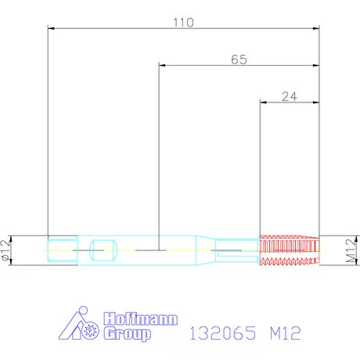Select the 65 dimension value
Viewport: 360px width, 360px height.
click(240, 59)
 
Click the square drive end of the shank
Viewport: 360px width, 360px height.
click(62, 250)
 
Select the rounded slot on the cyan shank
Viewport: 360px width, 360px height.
click(103, 250)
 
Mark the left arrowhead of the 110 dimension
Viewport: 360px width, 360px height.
click(52, 29)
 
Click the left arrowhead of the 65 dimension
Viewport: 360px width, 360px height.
click(163, 67)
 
